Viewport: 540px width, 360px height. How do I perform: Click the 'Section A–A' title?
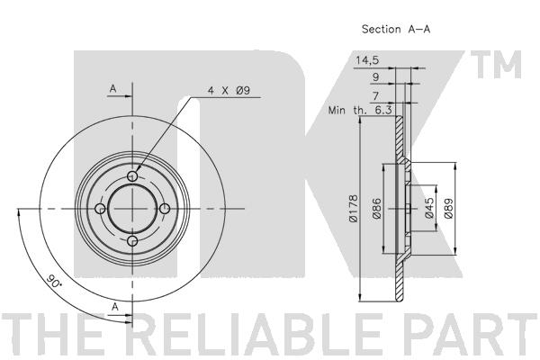396,29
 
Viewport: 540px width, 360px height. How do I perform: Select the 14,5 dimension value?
368,60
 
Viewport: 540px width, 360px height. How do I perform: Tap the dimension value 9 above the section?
373,77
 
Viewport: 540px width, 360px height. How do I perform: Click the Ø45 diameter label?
430,210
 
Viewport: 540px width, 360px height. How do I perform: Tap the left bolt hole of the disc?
100,209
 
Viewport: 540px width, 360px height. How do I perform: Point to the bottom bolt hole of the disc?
133,242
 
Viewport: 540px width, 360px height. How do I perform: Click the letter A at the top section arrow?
112,87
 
